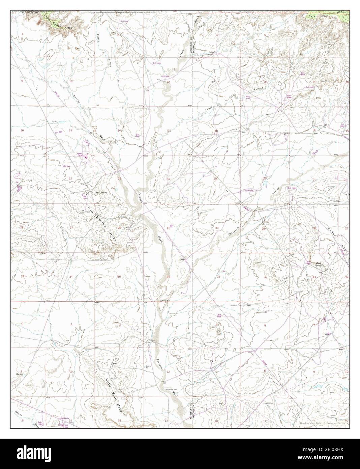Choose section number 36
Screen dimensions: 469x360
point(168,277)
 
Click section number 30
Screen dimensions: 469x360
point(217,228)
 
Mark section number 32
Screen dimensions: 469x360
point(266,277)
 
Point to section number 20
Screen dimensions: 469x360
point(265,178)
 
